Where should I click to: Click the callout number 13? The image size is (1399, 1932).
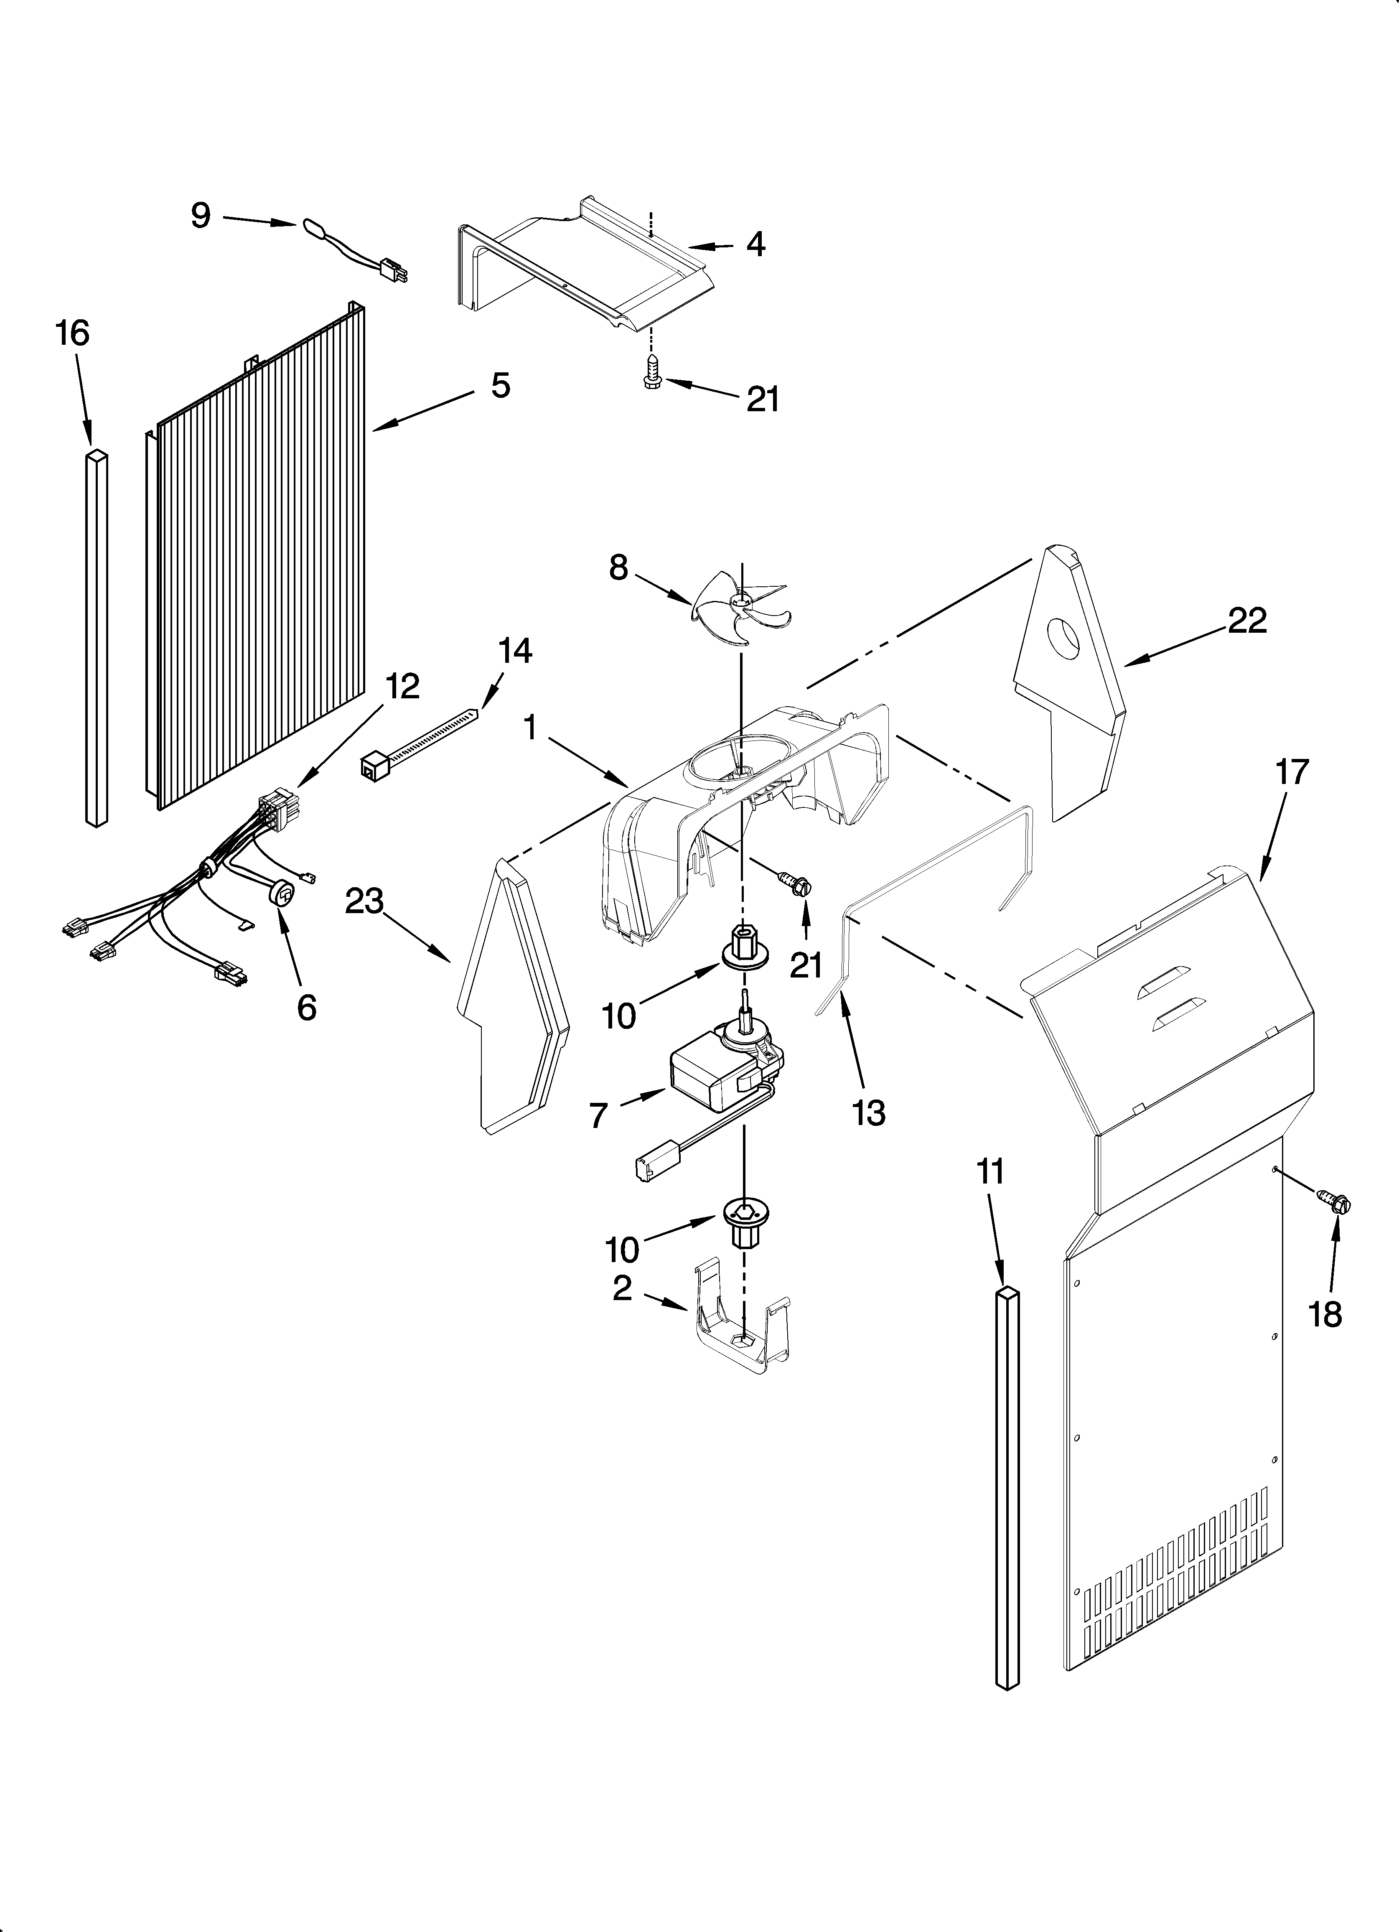[x=868, y=1112]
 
